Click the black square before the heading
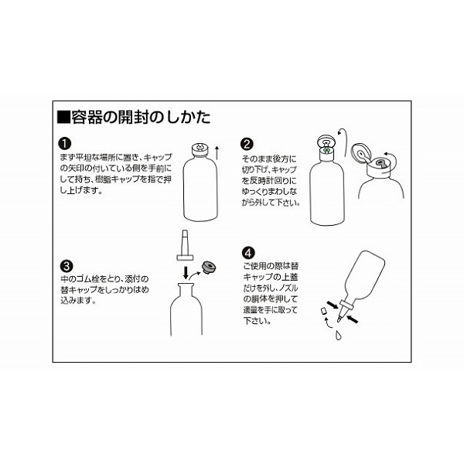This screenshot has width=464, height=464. (63, 117)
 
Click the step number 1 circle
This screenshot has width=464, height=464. (65, 144)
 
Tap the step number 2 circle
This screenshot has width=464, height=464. (247, 144)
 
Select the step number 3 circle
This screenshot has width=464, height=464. (67, 266)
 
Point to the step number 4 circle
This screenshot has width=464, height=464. (248, 253)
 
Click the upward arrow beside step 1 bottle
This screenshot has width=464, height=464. (217, 152)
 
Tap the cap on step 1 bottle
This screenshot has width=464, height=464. (200, 149)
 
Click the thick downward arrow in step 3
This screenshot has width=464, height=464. (186, 272)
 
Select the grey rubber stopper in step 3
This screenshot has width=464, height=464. (209, 267)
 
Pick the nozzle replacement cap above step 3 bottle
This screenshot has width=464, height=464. (185, 245)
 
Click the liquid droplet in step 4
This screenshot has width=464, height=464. (338, 335)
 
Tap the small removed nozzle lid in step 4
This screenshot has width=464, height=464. (323, 311)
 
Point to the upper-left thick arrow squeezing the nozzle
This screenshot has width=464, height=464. (333, 305)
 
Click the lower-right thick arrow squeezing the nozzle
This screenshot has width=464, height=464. (353, 319)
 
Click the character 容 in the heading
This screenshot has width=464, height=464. (79, 118)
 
